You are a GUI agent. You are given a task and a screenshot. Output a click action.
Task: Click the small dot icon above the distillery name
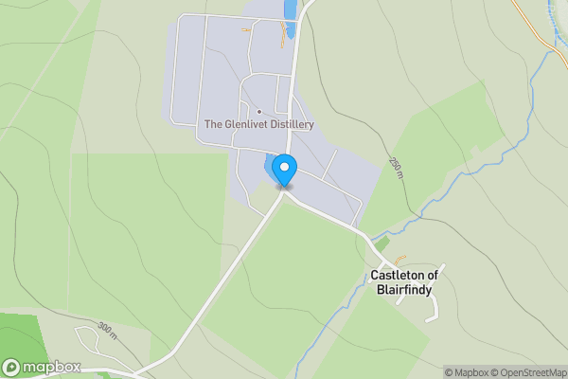[258, 112]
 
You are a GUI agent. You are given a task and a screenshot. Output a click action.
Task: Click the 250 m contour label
[394, 169]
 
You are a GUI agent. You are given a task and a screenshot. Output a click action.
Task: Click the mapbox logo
[42, 367]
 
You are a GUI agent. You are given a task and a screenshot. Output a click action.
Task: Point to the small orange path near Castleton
[399, 259]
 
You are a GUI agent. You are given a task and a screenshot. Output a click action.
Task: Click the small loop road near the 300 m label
[88, 336]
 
